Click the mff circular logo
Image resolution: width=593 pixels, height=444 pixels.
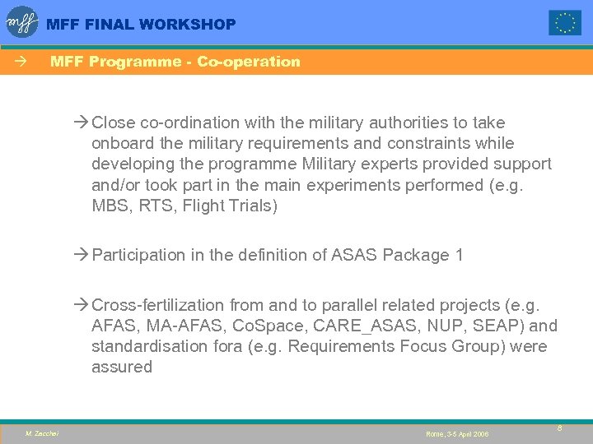pos(22,22)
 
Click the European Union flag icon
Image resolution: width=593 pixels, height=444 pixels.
pos(565,23)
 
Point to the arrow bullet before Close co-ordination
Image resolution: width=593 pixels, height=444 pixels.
pos(80,123)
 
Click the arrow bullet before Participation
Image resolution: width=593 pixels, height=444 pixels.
pos(80,256)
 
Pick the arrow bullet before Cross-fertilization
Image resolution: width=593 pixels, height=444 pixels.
pos(80,306)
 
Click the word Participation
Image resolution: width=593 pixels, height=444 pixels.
pos(138,256)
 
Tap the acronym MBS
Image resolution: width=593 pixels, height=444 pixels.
pos(111,206)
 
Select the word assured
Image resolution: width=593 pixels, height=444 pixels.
pos(122,368)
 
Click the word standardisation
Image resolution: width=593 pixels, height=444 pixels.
pos(142,347)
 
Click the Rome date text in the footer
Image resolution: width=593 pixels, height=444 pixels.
pos(457,433)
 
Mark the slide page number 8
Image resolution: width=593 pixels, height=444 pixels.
pos(559,428)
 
